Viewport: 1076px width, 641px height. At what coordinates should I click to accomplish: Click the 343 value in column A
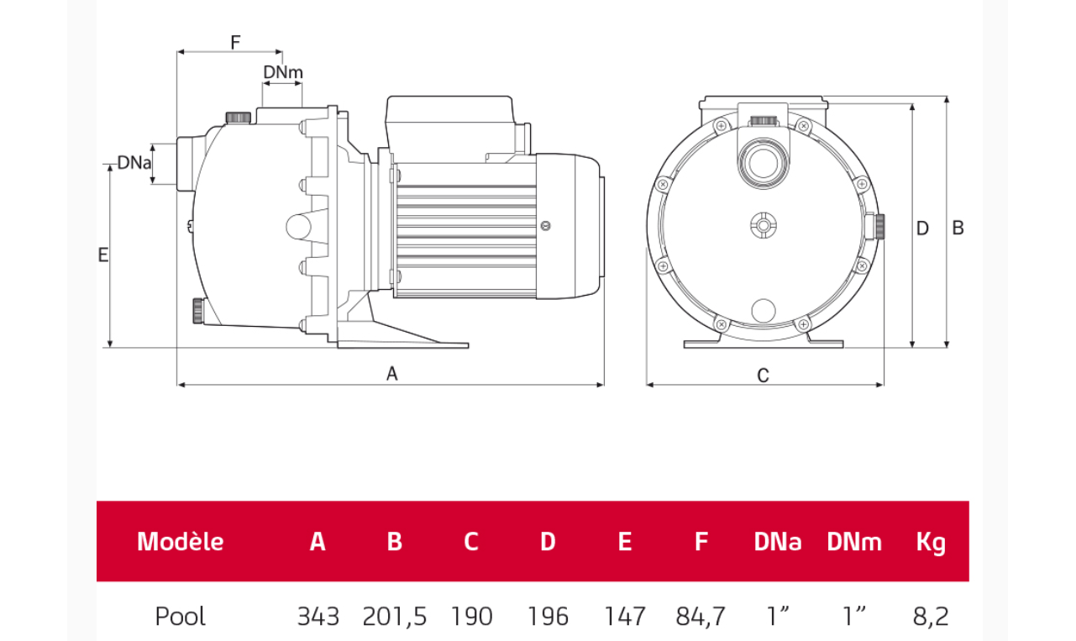(318, 617)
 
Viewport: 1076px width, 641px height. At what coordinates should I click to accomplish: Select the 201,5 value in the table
(394, 617)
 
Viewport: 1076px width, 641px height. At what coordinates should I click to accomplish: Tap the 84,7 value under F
(701, 617)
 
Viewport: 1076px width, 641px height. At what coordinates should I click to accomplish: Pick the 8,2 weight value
(931, 617)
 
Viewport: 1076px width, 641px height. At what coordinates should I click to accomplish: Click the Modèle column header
(180, 542)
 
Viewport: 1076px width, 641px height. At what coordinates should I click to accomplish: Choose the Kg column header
(931, 542)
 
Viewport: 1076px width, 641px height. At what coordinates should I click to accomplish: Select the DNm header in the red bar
(854, 542)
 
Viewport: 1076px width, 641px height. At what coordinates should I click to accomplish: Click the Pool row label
(180, 617)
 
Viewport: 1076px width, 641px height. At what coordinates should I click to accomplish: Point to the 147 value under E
(624, 617)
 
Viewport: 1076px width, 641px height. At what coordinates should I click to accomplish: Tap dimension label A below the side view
(391, 375)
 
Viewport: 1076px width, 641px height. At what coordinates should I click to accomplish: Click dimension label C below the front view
(763, 376)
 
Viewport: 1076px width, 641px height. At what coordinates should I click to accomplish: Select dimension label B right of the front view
(958, 228)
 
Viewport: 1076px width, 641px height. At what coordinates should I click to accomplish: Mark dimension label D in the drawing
(922, 228)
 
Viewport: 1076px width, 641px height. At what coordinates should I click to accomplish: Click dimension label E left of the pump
(103, 255)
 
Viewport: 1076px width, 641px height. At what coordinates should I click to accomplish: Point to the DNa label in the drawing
(134, 162)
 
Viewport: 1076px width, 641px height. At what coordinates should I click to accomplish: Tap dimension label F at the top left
(235, 41)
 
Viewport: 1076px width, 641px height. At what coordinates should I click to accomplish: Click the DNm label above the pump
(282, 72)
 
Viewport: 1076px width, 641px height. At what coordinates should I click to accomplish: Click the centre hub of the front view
(763, 225)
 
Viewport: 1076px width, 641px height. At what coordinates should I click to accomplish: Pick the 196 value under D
(548, 617)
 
